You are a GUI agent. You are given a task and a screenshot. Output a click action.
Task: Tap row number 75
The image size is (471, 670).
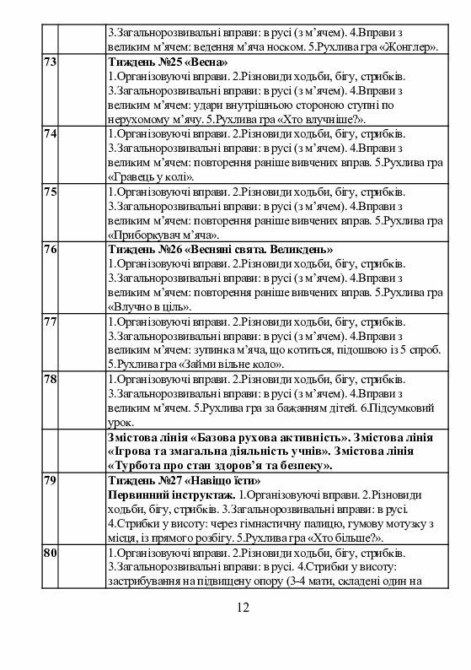tap(49, 192)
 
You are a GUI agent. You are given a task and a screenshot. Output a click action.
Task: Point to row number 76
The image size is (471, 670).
tap(49, 250)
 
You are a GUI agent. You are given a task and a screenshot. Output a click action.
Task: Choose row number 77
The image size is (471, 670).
tap(49, 322)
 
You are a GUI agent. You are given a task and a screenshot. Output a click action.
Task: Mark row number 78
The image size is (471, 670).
tap(49, 381)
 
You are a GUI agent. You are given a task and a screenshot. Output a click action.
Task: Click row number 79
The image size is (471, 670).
tap(49, 480)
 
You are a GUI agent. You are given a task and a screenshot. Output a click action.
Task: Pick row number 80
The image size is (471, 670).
tap(49, 553)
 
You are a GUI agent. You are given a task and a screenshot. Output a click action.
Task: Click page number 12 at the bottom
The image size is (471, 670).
tap(243, 608)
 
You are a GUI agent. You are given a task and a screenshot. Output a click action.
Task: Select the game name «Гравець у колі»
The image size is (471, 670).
tap(151, 177)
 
